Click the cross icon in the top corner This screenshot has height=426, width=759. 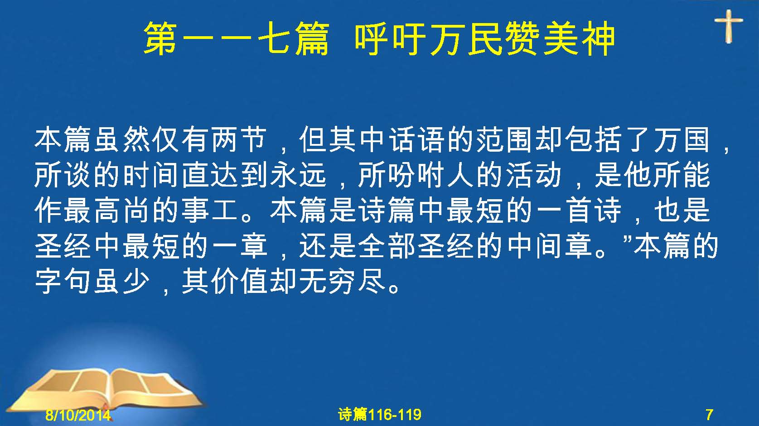click(x=729, y=26)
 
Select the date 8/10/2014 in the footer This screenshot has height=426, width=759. click(x=78, y=415)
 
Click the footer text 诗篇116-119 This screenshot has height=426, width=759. click(x=380, y=415)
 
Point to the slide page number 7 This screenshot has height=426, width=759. click(x=709, y=415)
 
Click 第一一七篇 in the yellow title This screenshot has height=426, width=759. click(x=237, y=38)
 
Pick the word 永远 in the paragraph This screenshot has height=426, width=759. click(x=299, y=175)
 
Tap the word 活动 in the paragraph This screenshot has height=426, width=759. click(x=534, y=175)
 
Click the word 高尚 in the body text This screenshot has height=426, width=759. click(x=122, y=211)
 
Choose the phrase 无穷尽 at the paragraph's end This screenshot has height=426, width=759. click(x=342, y=281)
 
